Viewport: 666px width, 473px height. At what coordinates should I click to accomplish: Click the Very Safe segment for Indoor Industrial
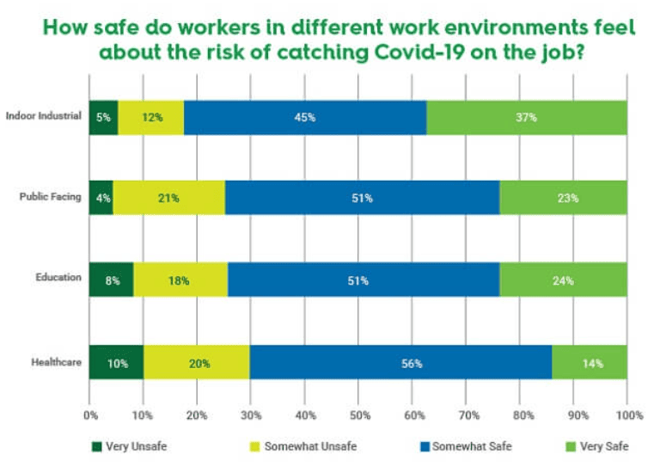tap(527, 118)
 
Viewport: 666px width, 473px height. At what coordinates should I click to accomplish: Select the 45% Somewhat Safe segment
tap(305, 118)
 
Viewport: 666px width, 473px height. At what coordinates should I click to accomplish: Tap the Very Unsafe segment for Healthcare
tap(116, 363)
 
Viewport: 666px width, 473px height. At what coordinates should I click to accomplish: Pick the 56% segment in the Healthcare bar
tap(400, 363)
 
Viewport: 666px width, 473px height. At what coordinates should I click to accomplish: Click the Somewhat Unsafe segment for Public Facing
tap(168, 198)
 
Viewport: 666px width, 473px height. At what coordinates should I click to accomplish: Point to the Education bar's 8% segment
tap(111, 280)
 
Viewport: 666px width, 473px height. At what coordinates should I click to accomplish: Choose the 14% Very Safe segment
tap(590, 363)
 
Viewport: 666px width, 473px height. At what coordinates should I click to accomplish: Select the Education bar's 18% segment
tap(180, 280)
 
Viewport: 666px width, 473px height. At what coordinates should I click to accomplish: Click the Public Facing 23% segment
tap(564, 198)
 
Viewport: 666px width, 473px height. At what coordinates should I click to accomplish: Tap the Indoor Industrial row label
tap(43, 115)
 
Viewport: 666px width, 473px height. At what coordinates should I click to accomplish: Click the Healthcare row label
tap(58, 362)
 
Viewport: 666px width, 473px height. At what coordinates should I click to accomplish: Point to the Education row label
tap(59, 277)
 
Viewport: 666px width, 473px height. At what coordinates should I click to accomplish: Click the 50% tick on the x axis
tap(358, 415)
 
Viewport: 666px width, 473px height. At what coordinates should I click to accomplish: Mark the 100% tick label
tap(628, 415)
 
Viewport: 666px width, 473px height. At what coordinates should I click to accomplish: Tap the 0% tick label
tap(89, 415)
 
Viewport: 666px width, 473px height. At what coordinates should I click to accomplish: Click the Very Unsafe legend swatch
tap(95, 446)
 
